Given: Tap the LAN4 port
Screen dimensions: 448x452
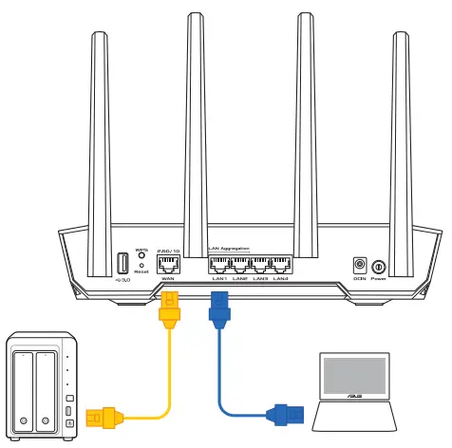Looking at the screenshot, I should pos(280,265).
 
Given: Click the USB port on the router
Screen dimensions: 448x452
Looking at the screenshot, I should pos(123,263).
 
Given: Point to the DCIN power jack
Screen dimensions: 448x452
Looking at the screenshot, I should pos(360,265).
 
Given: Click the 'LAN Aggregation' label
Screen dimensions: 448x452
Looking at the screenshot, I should pos(229,249).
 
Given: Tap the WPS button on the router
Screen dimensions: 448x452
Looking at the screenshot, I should pos(141,257).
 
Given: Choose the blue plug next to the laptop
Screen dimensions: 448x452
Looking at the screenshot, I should pos(284,414).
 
